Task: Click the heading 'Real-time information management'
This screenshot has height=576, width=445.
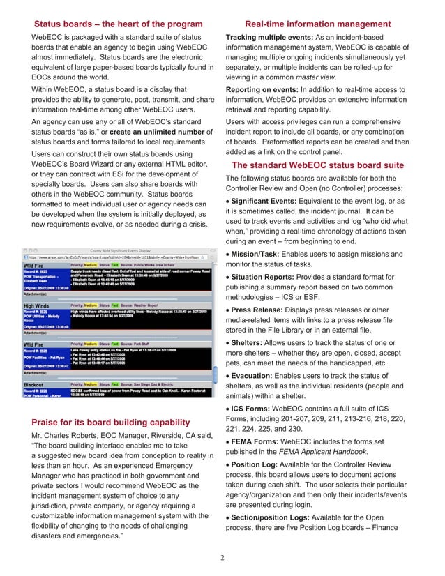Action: click(327, 24)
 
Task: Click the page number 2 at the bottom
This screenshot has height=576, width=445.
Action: click(222, 558)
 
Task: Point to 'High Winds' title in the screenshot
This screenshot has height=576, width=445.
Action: click(41, 305)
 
